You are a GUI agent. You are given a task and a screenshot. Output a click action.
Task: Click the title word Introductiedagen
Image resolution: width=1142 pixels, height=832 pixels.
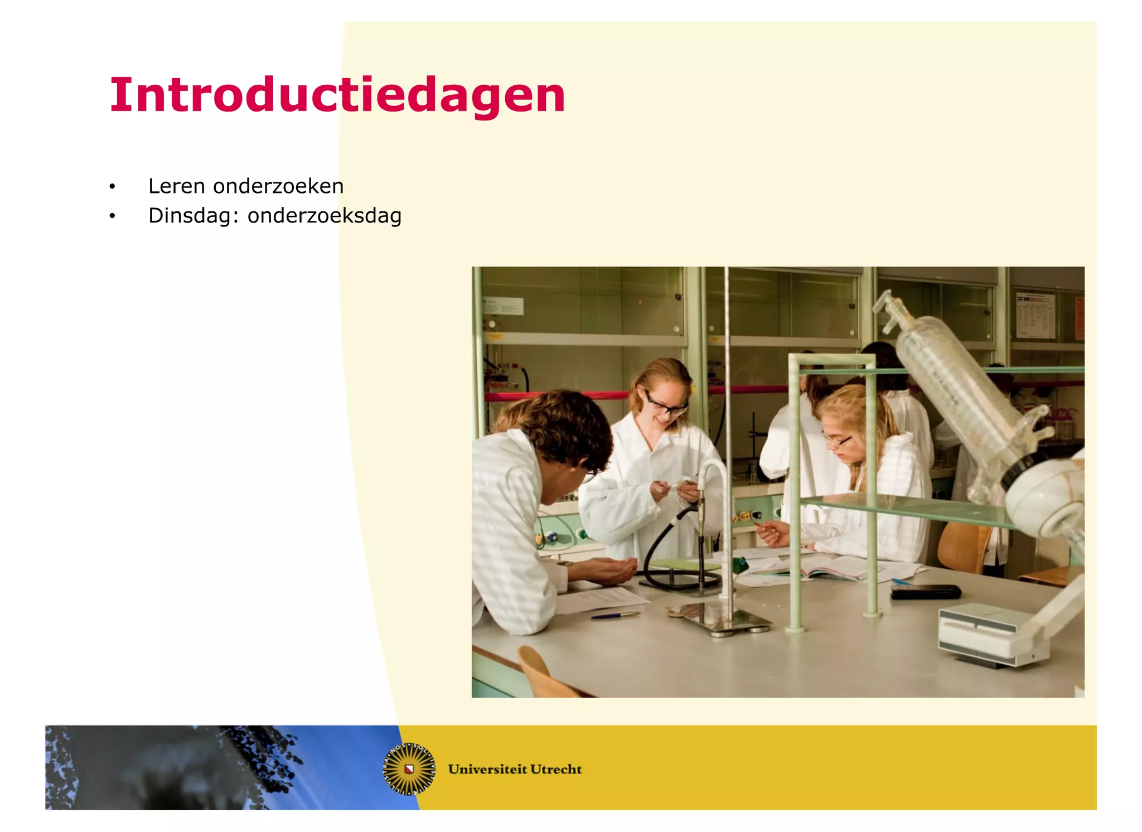pos(337,95)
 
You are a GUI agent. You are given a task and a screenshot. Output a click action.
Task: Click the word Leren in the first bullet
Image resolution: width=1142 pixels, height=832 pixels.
pos(176,186)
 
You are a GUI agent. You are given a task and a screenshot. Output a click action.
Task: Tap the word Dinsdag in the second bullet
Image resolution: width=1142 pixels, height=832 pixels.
pos(190,216)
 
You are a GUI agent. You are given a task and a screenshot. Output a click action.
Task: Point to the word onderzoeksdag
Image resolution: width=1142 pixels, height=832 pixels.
pos(324,216)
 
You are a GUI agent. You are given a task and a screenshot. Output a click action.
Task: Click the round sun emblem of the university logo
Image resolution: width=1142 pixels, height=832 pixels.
pos(409,768)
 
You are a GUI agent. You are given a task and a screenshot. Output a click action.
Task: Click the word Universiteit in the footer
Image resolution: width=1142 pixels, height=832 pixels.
pos(487,769)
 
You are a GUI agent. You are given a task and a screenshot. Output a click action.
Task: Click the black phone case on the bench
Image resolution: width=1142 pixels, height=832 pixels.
pos(926,592)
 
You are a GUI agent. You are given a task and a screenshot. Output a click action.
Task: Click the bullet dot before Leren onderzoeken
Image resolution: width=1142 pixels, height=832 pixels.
pos(112,187)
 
